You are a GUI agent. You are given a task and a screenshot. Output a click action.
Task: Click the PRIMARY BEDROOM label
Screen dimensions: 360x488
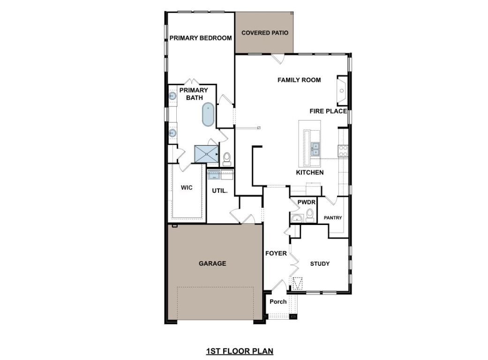[201, 38]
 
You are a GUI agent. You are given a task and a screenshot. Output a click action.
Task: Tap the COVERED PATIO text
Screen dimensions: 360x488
[264, 33]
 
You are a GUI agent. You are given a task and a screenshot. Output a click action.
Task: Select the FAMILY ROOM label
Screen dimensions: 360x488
[299, 80]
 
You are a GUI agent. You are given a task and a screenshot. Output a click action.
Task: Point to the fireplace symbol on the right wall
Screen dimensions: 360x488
[342, 90]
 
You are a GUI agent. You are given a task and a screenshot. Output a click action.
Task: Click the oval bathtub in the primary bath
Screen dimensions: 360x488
[208, 115]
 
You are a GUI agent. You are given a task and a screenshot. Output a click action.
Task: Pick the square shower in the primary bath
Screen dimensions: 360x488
[206, 154]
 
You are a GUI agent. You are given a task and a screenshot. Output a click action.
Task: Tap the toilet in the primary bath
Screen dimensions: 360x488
[227, 158]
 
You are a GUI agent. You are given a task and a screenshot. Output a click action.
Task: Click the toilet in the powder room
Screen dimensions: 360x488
[309, 216]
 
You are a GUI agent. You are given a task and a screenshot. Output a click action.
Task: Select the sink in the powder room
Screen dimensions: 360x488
[296, 218]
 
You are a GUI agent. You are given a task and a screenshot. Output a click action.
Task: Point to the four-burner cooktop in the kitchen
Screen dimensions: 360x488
[343, 150]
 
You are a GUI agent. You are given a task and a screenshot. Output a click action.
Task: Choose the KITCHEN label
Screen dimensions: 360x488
[309, 172]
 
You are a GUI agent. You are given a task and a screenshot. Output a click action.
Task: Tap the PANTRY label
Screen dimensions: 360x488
[333, 218]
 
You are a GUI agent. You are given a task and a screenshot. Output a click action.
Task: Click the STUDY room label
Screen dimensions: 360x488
[320, 263]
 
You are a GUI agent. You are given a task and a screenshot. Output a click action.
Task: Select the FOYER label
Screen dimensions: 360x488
[276, 254]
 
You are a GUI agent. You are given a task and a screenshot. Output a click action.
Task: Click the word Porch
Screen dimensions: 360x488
[278, 301]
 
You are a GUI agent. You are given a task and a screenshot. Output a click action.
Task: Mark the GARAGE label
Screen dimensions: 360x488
[212, 263]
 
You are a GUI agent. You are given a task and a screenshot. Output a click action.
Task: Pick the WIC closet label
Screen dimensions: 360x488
[187, 187]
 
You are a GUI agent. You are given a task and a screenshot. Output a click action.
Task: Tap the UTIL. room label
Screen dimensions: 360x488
[219, 191]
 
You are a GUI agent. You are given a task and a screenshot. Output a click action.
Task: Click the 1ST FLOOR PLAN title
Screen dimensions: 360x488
[240, 351]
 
